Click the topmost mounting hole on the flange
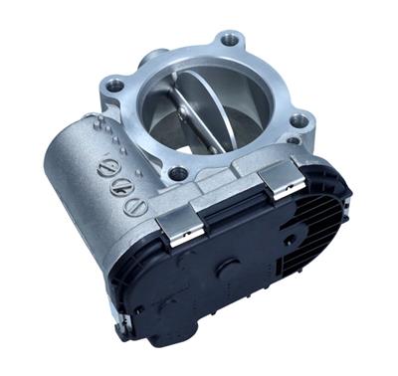[x=231, y=40]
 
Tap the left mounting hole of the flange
[x=115, y=86]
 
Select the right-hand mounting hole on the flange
[x=298, y=120]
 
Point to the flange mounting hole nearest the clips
[x=178, y=173]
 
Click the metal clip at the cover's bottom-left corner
[x=124, y=324]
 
